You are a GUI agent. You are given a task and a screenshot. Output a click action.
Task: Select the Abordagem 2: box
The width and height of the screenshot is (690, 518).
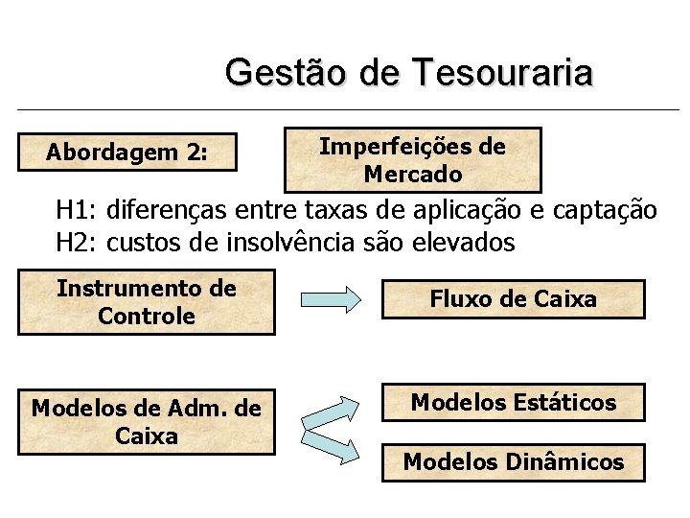coord(127,152)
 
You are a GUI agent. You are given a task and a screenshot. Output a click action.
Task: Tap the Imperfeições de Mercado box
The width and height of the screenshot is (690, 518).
coord(412,160)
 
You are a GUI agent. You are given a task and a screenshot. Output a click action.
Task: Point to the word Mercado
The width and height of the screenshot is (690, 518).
coord(413,175)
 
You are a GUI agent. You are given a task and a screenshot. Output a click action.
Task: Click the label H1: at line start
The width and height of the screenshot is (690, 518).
coord(77,210)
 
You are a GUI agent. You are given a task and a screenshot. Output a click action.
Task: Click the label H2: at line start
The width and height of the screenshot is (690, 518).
coord(77,243)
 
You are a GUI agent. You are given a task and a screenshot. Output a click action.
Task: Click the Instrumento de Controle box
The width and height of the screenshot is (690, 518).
coord(147,302)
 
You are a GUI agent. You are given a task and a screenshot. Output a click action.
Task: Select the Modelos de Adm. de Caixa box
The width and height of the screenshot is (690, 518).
coord(147,422)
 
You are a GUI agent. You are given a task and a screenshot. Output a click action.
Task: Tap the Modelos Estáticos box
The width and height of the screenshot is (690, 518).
coord(513,403)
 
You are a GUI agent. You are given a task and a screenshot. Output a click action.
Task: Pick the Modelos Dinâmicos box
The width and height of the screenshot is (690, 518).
coord(513,462)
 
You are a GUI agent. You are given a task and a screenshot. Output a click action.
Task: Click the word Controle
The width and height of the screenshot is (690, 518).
coord(147,316)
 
